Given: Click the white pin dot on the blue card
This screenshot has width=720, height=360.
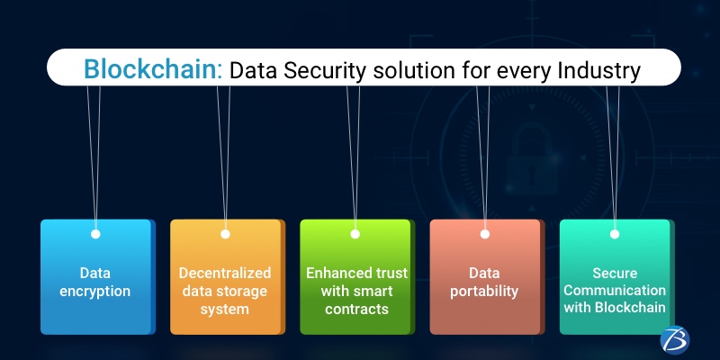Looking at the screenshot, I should click(95, 234).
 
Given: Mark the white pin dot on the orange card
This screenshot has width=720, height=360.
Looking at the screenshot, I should click(225, 234).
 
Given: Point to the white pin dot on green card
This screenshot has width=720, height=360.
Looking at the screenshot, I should click(355, 234).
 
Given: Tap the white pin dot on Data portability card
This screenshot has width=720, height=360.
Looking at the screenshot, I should click(485, 234).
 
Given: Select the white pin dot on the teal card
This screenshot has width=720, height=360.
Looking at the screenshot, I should click(615, 234).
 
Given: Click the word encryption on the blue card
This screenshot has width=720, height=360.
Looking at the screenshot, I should click(95, 292).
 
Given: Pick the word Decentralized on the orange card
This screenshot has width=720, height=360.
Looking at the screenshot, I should click(225, 273).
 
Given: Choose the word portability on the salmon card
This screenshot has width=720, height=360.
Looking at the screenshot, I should click(485, 292).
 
